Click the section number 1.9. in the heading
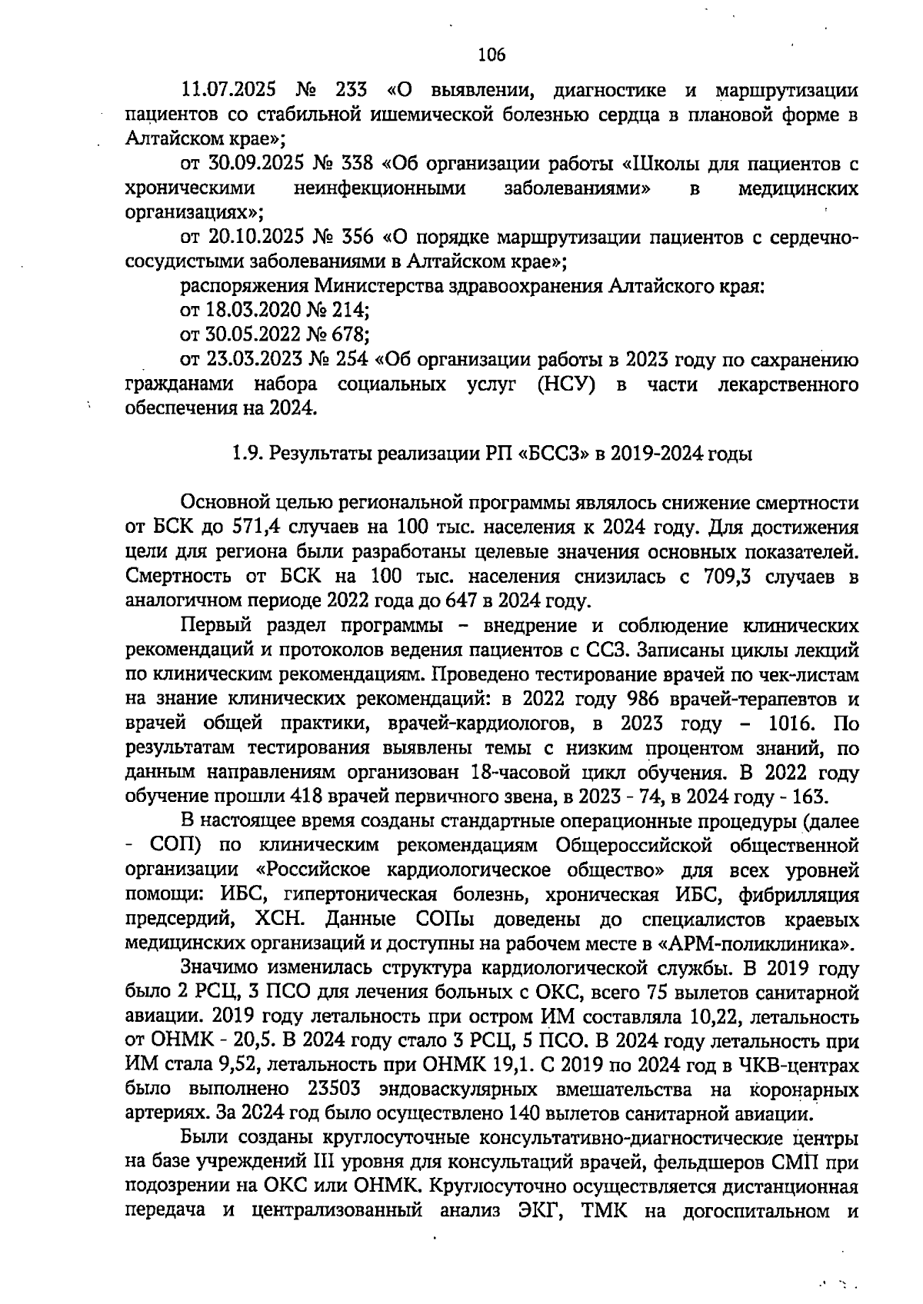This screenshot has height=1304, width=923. point(247,454)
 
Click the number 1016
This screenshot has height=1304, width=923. point(792,724)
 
